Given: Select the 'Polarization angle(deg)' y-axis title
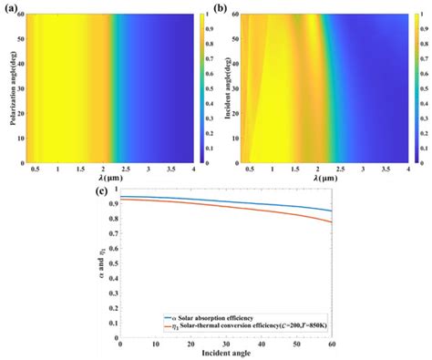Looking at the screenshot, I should coord(9,87).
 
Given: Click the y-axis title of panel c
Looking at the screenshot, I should coord(102,264).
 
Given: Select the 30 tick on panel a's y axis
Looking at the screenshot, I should coord(23,89).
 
